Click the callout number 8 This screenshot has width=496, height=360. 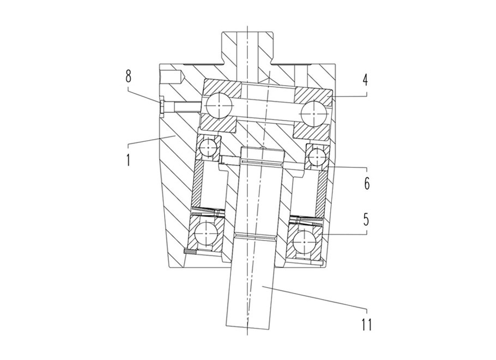point(128,76)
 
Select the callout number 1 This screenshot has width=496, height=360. point(128,159)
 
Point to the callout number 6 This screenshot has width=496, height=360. point(367,183)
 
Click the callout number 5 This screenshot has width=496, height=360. point(366,219)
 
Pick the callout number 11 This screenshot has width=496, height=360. point(366,323)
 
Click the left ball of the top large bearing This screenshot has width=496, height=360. point(218,105)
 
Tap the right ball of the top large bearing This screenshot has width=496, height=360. point(313,113)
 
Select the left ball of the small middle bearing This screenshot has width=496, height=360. point(208,148)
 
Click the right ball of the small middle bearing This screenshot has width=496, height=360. point(317,157)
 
